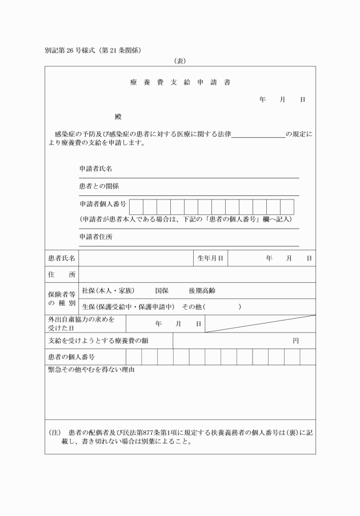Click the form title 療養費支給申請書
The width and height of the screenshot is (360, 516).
[x=180, y=82]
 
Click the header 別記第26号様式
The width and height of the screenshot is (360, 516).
[x=69, y=50]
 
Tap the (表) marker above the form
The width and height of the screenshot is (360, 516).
[x=180, y=61]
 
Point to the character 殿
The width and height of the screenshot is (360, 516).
[x=118, y=117]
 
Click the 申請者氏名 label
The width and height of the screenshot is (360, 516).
[x=95, y=169]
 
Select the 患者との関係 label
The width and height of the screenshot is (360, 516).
[x=99, y=186]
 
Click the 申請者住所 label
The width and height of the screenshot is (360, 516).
[x=95, y=237]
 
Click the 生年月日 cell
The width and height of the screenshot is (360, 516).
[x=210, y=258]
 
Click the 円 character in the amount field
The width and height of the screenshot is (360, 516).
[x=295, y=341]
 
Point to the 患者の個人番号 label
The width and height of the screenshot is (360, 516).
[x=71, y=357]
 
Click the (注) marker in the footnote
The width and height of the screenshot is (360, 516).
[x=55, y=433]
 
